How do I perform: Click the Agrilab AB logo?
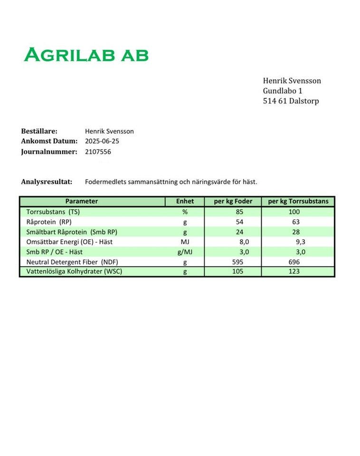86,55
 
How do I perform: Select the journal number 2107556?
98,152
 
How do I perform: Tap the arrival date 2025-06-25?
102,141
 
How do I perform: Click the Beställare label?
39,131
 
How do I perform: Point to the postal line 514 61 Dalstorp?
291,101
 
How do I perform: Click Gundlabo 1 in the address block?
283,91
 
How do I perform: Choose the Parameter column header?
82,201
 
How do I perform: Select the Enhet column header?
185,201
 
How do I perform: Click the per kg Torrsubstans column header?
298,201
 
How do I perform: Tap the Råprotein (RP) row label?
49,222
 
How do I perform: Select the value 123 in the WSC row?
294,272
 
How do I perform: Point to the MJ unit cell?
185,242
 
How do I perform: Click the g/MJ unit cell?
185,252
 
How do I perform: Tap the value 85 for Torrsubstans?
239,212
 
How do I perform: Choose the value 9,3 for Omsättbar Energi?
300,242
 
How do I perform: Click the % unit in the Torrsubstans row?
185,212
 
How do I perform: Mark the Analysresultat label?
47,181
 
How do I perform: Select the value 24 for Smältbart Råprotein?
239,232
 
